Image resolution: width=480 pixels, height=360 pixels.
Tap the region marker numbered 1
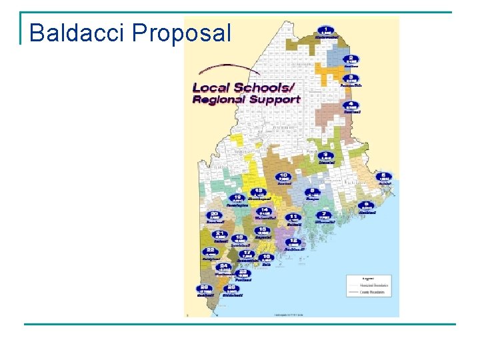326,31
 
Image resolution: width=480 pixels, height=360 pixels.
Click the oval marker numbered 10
283,177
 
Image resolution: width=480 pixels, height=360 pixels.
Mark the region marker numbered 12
295,242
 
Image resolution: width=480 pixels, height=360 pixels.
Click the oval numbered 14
264,211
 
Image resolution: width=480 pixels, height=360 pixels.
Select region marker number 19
237,199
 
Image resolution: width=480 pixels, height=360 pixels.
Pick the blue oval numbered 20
214,215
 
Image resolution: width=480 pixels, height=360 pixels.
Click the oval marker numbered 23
244,273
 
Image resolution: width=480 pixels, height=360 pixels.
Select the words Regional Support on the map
246,99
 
